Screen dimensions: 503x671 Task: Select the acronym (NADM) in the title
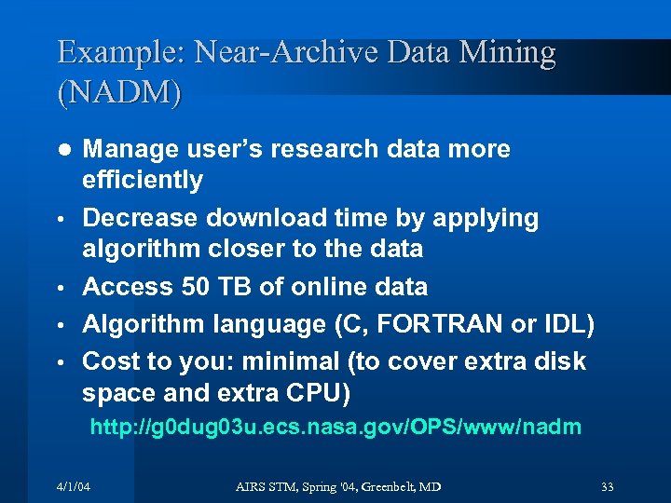[120, 93]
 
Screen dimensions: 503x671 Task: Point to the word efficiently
[143, 180]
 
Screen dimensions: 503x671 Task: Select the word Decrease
[140, 218]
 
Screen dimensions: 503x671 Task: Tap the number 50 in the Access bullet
[195, 287]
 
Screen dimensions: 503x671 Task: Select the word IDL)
[568, 324]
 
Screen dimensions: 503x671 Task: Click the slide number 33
[607, 487]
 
